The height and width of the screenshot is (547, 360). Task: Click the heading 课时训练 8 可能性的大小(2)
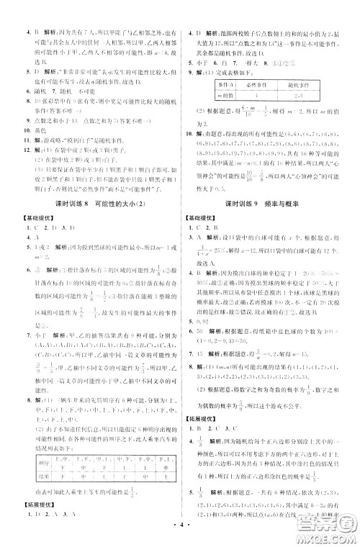[x=91, y=184]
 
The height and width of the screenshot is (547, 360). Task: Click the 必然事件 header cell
[x=243, y=83]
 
